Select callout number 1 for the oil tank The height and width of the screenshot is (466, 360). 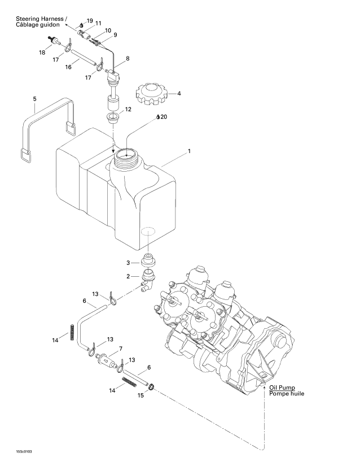click(x=190, y=151)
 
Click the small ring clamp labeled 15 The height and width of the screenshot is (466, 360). click(x=153, y=387)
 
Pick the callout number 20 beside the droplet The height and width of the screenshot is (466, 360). click(x=164, y=117)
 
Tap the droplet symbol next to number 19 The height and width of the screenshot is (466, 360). click(x=81, y=25)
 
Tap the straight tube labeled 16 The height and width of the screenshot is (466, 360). click(x=84, y=59)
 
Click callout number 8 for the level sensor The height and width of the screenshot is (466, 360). click(x=128, y=58)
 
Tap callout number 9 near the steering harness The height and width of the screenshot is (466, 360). click(x=115, y=35)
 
